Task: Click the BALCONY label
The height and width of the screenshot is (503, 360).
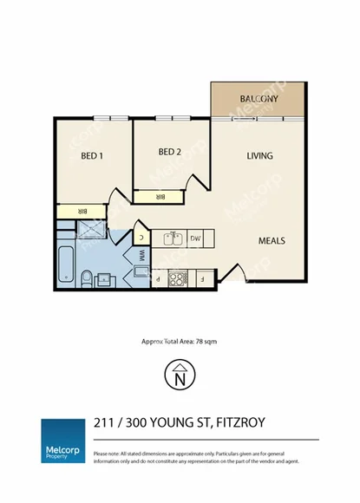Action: click(259, 99)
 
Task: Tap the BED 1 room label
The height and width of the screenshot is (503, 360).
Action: click(92, 156)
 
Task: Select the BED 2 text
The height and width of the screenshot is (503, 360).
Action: click(170, 152)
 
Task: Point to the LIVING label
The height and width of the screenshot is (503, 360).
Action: click(259, 156)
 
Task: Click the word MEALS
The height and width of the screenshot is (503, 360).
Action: click(272, 240)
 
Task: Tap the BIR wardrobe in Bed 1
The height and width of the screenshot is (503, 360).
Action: click(81, 211)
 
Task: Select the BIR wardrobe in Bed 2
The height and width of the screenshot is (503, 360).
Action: click(160, 198)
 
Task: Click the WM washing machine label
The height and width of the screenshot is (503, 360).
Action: click(141, 256)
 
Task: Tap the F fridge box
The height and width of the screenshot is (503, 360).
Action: click(201, 278)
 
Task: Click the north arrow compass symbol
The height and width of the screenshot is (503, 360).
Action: click(180, 376)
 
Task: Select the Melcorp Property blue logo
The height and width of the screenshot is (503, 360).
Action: click(63, 441)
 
